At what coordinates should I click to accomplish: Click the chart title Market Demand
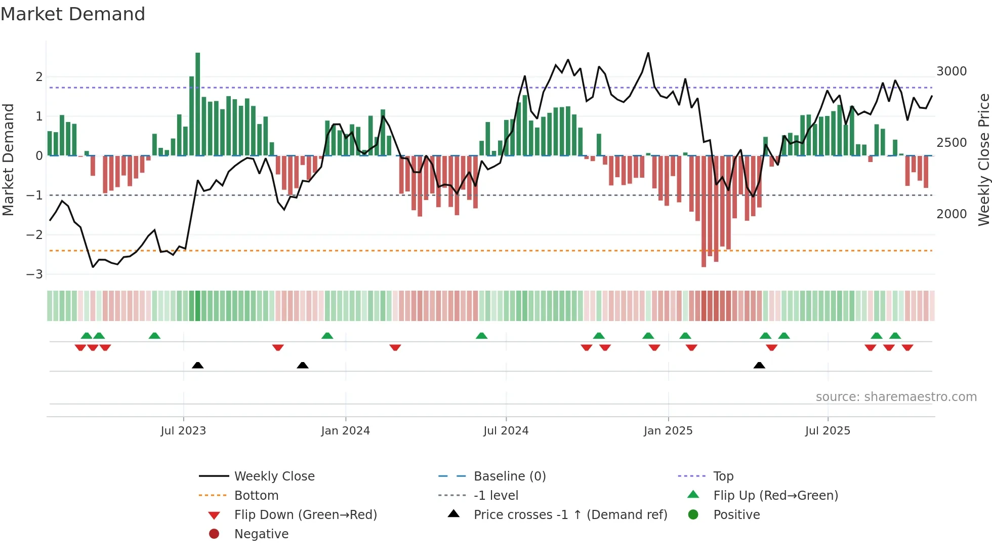(x=73, y=14)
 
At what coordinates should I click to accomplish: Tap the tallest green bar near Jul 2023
(x=197, y=104)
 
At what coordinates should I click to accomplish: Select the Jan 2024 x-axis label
(x=345, y=431)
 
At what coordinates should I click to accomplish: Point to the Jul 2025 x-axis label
(x=828, y=431)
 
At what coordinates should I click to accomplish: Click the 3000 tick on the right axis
(x=951, y=71)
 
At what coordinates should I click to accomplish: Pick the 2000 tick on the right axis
(x=951, y=214)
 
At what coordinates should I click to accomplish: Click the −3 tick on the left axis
(x=35, y=274)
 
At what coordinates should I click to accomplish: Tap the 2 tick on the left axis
(x=39, y=77)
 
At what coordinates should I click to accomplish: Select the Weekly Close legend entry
(x=274, y=476)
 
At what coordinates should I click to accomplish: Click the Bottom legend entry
(x=256, y=496)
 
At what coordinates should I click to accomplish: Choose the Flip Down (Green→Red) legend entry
(x=305, y=515)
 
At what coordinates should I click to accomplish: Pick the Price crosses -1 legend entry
(x=570, y=515)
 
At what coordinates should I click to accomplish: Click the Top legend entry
(x=723, y=476)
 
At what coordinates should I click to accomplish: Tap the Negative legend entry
(x=261, y=534)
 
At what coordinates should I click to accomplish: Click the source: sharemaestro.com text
(x=896, y=397)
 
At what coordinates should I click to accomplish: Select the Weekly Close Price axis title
(x=983, y=160)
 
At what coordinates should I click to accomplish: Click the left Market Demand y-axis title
(x=8, y=160)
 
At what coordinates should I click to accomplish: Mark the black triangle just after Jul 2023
(x=198, y=365)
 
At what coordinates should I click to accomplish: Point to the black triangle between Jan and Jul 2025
(x=759, y=365)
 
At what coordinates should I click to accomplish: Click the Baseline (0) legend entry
(x=509, y=476)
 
